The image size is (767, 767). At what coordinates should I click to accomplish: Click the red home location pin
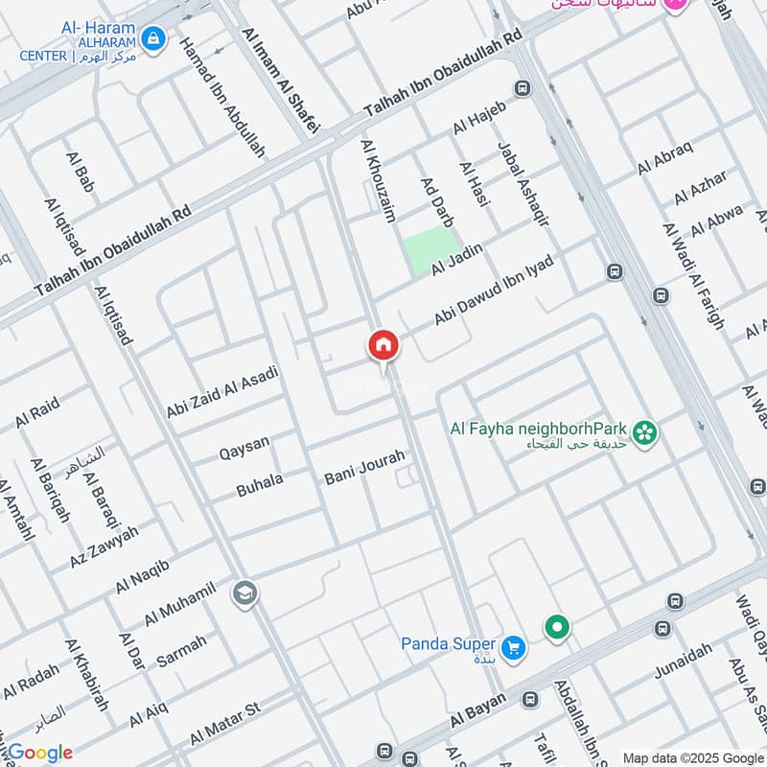(383, 346)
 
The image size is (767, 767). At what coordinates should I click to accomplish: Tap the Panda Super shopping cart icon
(514, 648)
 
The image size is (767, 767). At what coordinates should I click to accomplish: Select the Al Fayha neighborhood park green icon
(646, 433)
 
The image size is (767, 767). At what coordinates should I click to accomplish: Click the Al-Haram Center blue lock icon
(151, 39)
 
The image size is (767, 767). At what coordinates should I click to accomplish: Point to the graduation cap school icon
(244, 594)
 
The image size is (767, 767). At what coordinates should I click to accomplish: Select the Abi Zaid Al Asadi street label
(222, 391)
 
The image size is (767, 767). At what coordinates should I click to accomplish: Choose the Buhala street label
(260, 486)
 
